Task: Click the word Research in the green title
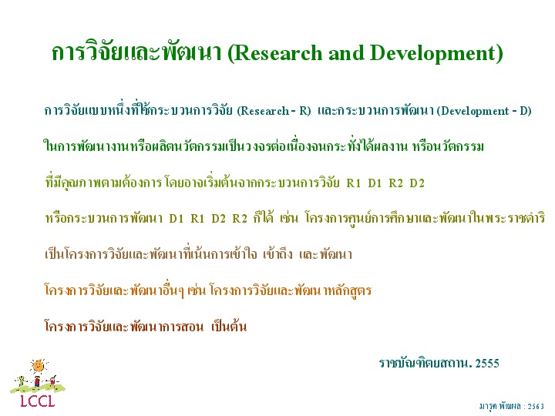point(278,53)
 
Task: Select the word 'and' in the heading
point(346,53)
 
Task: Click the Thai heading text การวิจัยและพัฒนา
point(136,52)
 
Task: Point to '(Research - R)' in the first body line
point(274,111)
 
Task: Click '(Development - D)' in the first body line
point(484,111)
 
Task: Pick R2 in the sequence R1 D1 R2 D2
point(395,183)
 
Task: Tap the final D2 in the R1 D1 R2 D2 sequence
point(417,183)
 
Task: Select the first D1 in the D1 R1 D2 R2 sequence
point(177,219)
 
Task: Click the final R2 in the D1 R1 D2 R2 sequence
point(240,219)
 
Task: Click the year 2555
point(487,364)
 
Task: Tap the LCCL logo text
point(38,401)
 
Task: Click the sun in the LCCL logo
point(39,366)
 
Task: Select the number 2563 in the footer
point(536,407)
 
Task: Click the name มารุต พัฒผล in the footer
point(500,407)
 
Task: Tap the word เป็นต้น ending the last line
point(229,326)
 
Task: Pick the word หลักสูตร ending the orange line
point(347,290)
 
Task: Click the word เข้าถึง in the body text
point(277,254)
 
